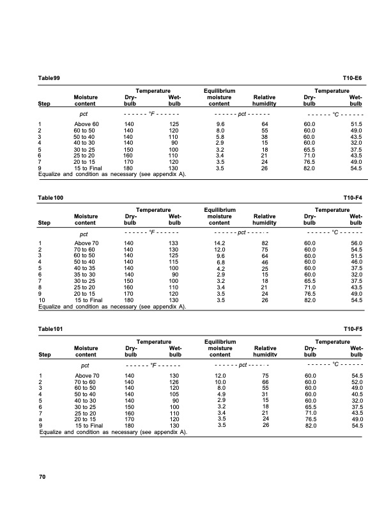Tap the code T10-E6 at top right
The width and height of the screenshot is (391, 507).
click(353, 77)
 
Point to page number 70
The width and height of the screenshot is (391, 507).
click(42, 477)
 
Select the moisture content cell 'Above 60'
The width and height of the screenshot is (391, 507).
click(87, 124)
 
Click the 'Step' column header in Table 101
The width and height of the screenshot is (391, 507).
click(45, 354)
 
